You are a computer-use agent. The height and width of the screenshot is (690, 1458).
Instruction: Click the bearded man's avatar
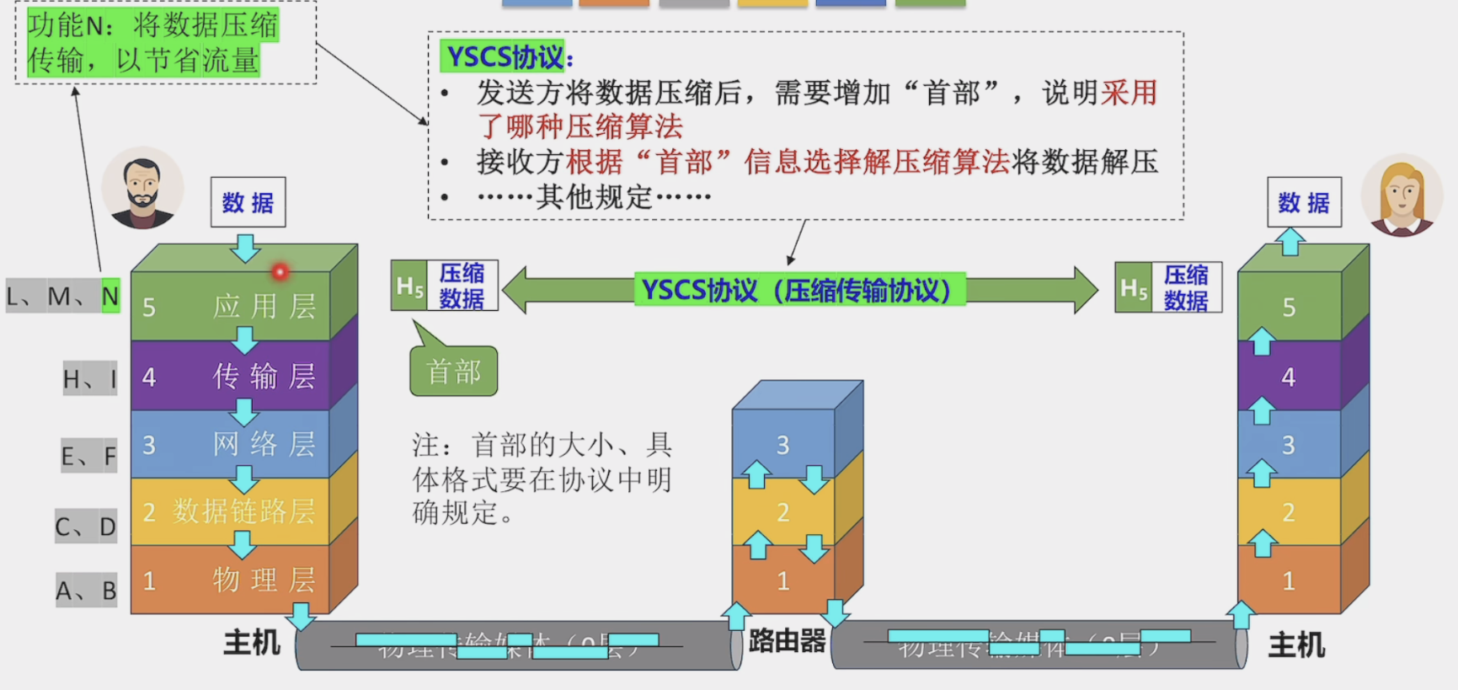point(142,189)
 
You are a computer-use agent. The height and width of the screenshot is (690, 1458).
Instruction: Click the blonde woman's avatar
point(1402,195)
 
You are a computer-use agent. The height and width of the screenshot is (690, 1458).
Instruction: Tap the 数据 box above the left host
point(248,202)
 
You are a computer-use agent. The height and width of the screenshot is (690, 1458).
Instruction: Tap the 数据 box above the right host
point(1303,202)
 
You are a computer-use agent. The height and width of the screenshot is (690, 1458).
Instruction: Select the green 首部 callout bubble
point(454,371)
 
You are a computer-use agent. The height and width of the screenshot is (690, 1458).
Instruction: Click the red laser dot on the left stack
point(280,271)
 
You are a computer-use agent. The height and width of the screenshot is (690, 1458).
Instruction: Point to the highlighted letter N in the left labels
point(110,297)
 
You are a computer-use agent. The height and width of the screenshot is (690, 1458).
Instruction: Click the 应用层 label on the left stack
point(264,307)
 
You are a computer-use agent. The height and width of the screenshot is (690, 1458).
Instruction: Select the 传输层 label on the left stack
point(264,376)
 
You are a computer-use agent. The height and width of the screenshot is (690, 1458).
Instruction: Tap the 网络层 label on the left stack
point(264,444)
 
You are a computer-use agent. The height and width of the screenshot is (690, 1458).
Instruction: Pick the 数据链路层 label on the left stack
point(243,511)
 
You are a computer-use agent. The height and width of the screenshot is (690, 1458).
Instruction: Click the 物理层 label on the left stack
point(264,580)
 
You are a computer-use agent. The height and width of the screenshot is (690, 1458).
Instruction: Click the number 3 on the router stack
point(782,445)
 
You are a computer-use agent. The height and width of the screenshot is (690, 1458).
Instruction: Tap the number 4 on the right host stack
point(1288,377)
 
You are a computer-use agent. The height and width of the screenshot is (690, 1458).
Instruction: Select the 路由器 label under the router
point(787,641)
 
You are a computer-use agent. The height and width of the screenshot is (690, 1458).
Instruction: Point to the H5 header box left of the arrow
point(409,286)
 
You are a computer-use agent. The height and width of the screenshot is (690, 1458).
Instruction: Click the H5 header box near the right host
point(1134,288)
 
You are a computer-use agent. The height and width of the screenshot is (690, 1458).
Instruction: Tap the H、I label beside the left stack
point(89,379)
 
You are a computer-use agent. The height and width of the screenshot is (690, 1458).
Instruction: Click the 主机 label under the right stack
point(1296,645)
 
